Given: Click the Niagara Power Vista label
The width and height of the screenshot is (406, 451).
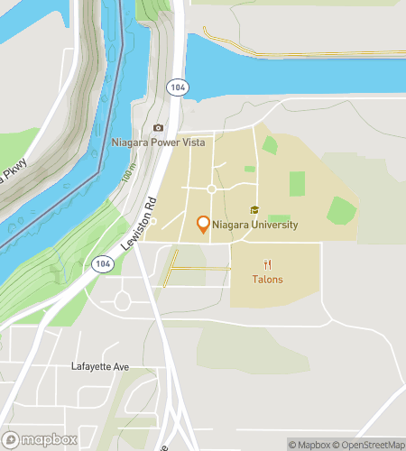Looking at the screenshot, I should click(158, 143).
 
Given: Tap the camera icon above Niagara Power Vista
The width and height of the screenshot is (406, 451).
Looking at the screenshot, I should click(159, 128).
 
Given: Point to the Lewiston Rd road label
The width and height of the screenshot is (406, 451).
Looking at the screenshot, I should click(133, 223).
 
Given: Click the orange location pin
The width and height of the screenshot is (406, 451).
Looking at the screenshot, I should click(203, 225).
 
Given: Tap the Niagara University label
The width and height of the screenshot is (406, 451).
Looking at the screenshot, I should click(256, 225).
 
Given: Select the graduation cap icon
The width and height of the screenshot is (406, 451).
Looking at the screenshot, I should click(254, 210).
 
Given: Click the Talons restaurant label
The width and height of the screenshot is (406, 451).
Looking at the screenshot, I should click(267, 280).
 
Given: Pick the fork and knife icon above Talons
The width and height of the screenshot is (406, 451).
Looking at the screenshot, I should click(267, 264).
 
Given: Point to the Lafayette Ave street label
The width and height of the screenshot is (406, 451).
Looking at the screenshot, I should click(102, 367).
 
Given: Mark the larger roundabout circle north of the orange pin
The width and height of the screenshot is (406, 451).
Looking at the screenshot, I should click(211, 189).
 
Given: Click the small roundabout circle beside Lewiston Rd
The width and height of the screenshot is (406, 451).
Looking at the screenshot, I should click(153, 221).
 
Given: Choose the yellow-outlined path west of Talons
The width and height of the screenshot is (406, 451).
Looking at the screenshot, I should click(200, 269).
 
